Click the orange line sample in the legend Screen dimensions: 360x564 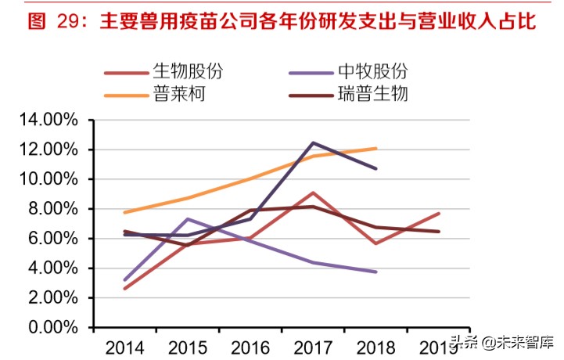click(x=126, y=95)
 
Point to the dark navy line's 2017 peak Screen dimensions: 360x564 click(x=313, y=142)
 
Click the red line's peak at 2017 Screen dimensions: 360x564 click(x=313, y=193)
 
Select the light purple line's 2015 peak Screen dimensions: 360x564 click(x=188, y=219)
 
